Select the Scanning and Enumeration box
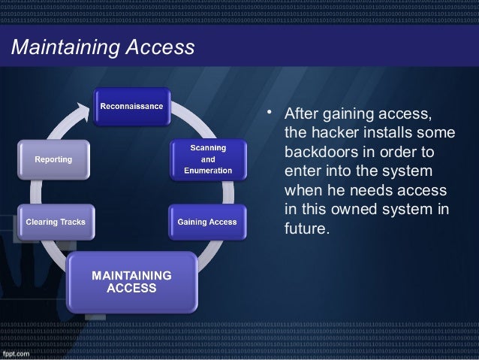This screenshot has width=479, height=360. [x=208, y=158]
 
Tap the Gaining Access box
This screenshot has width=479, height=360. [x=206, y=222]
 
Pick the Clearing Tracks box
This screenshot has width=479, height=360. [x=57, y=222]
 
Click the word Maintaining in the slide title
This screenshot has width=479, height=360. [x=59, y=48]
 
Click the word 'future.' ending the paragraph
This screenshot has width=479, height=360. [x=307, y=222]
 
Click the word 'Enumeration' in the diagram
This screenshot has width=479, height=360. [x=208, y=171]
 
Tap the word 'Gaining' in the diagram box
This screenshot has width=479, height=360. [x=192, y=222]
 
